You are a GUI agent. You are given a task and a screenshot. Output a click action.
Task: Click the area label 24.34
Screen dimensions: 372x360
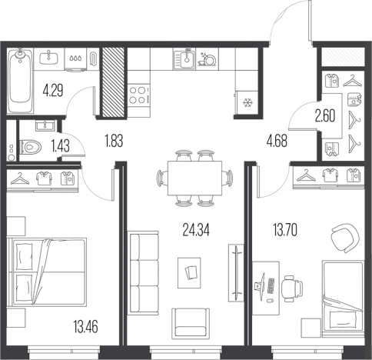(196, 229)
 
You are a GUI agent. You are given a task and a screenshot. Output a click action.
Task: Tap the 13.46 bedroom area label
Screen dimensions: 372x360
(85, 327)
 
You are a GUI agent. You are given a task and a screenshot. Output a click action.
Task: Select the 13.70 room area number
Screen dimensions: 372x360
(285, 229)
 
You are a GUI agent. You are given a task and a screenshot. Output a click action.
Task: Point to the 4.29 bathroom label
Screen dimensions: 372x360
(53, 90)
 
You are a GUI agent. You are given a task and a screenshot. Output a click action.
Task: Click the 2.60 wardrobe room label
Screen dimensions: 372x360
(325, 116)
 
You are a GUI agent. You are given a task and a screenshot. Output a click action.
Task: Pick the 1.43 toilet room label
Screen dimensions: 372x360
(61, 146)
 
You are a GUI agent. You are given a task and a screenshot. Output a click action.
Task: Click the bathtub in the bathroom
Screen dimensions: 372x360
(20, 81)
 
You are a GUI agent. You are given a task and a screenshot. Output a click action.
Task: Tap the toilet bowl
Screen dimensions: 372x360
(31, 147)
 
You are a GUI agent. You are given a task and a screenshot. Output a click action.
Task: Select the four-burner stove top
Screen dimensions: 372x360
(139, 95)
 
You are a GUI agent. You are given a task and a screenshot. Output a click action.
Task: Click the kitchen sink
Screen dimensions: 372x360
(184, 58)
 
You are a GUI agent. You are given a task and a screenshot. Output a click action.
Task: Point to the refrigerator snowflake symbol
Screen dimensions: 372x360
(247, 102)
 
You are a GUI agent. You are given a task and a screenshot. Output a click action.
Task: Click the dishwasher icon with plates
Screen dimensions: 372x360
(208, 59)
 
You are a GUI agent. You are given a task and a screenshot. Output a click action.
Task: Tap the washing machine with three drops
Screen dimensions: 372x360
(75, 59)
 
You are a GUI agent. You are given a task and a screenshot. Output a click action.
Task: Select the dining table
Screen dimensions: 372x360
(195, 178)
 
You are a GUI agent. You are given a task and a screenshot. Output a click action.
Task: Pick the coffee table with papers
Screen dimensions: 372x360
(189, 273)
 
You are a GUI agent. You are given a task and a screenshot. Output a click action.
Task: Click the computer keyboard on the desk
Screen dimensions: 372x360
(271, 286)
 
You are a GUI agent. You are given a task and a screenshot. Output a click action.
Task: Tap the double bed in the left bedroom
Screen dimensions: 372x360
(48, 272)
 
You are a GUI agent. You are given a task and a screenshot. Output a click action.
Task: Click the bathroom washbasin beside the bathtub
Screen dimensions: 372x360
(48, 58)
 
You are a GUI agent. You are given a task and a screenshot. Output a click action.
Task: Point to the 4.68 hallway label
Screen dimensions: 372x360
(277, 141)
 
